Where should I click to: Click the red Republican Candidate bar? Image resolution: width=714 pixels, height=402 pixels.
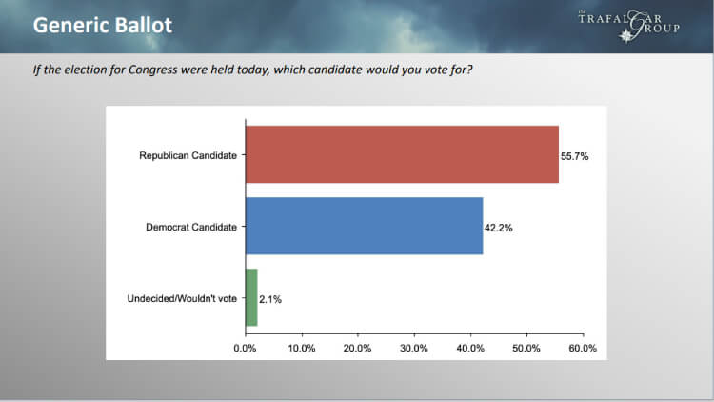pos(402,154)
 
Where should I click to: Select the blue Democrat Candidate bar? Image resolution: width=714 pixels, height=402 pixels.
pos(365,226)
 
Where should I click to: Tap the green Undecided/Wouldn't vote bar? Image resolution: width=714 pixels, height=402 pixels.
pos(252,297)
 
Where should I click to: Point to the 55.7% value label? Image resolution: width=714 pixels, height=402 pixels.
pos(575,156)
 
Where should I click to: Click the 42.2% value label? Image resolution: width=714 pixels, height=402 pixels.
pos(499,228)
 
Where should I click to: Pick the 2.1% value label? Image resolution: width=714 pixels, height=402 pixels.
pos(270,299)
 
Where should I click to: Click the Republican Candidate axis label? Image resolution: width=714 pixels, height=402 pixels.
pos(188,155)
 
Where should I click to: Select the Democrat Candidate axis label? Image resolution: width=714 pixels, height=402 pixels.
pos(191,227)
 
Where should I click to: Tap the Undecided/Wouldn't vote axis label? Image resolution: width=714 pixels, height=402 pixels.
pos(182,298)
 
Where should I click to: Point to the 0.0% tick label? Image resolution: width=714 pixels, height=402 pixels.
pos(245,349)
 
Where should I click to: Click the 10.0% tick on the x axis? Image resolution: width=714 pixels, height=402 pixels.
pos(302,349)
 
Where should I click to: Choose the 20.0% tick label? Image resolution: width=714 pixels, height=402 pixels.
pos(357,349)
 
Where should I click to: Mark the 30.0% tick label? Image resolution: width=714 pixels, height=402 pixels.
pos(414,349)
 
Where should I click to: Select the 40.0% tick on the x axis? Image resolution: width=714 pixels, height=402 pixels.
pos(470,349)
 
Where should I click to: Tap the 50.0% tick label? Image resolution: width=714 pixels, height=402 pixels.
pos(526,349)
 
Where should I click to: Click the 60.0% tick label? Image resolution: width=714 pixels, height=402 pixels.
pos(583,349)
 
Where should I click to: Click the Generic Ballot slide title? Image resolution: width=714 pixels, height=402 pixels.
pos(103,25)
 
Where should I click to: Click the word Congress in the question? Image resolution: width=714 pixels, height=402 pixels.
pos(152,70)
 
